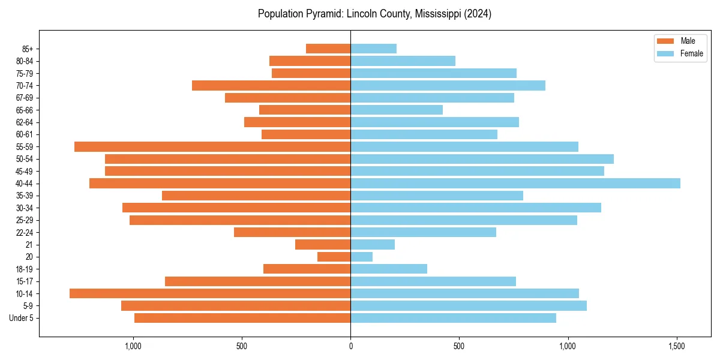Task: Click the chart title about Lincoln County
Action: tap(374, 14)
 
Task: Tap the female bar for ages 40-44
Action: tap(515, 183)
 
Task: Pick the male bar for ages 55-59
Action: tap(212, 146)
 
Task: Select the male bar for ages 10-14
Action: tap(210, 293)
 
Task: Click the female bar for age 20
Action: tap(361, 257)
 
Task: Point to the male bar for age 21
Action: tap(323, 244)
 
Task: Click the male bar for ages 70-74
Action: tap(271, 85)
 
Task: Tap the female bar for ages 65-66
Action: tap(397, 110)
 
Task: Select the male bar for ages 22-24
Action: tap(292, 232)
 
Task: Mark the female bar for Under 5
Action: tap(453, 318)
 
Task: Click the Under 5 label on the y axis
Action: tap(21, 318)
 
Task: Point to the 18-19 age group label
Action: tap(25, 269)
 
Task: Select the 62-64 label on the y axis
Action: tap(25, 122)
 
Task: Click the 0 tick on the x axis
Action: tap(350, 346)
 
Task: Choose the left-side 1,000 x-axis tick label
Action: tap(133, 346)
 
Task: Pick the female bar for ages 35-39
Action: tap(437, 196)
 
